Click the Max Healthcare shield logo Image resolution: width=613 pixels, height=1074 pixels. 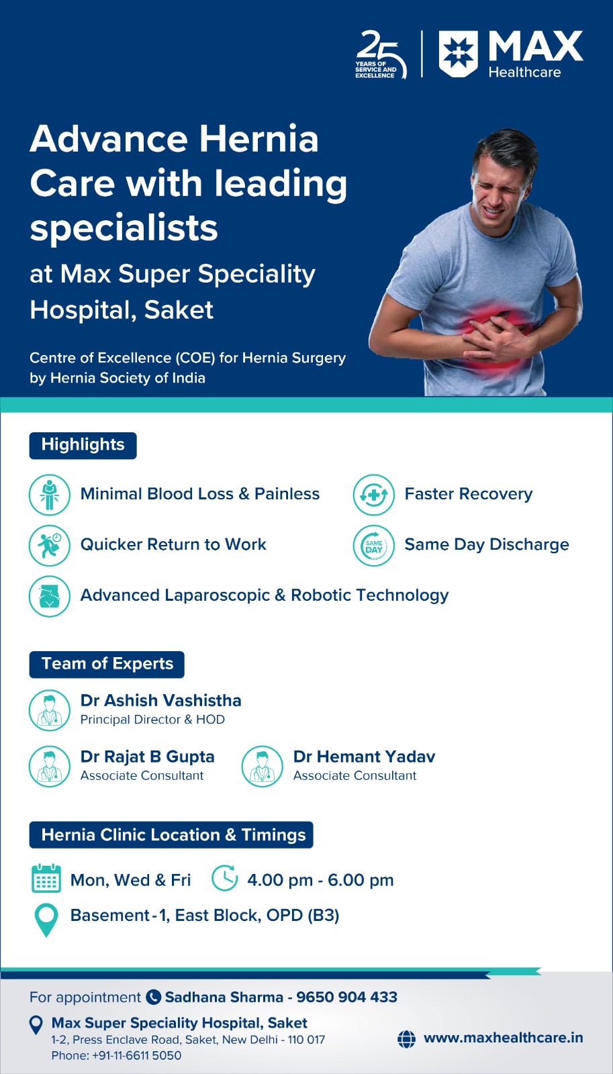point(458,54)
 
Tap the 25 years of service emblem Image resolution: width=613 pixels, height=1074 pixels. point(381,54)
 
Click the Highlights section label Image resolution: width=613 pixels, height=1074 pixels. point(83,446)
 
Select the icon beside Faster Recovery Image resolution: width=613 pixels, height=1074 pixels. point(374,495)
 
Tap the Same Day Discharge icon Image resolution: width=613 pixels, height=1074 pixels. point(374,546)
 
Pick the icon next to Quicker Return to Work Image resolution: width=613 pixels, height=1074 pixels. point(50,546)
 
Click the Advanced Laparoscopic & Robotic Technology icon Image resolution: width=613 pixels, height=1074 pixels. point(50,596)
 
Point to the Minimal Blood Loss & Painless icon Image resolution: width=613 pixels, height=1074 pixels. point(50,495)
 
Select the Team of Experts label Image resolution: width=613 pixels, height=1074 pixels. point(107,664)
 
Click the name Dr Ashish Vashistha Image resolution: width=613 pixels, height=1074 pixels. point(160,701)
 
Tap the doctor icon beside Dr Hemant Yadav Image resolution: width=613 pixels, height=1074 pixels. point(263,766)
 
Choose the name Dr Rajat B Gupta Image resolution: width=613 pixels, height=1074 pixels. point(147,756)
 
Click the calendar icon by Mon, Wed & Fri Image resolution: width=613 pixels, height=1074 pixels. point(46,879)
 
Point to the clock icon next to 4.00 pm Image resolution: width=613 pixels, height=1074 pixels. point(225,878)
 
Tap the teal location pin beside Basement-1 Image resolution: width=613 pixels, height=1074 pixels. point(46,920)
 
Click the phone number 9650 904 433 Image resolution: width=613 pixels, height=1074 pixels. point(347,997)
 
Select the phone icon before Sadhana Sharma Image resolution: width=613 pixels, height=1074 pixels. point(153,997)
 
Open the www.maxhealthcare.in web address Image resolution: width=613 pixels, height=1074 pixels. point(503,1038)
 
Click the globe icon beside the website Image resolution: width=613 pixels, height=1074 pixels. point(406,1039)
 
